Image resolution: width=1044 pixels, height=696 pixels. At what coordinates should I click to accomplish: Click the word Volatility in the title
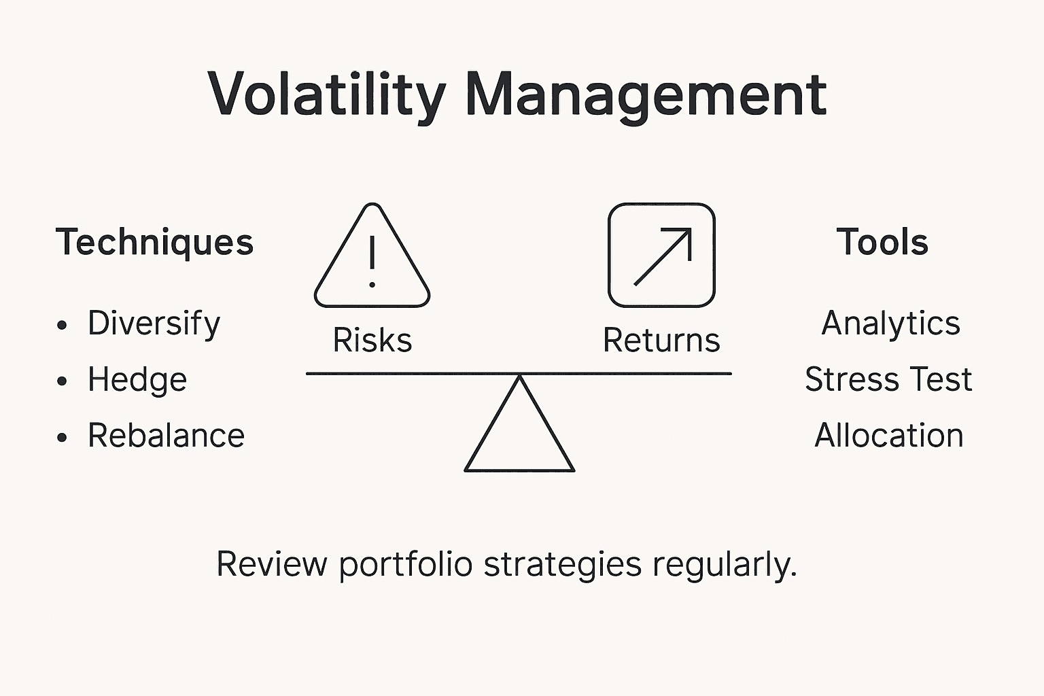pyautogui.click(x=326, y=95)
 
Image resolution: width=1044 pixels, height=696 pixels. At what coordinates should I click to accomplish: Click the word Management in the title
pyautogui.click(x=646, y=95)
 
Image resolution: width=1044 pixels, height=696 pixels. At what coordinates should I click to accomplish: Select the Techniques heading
pyautogui.click(x=154, y=242)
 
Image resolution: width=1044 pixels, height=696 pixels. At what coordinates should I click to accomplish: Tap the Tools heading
pyautogui.click(x=882, y=242)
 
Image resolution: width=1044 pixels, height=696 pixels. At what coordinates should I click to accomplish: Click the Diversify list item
pyautogui.click(x=154, y=324)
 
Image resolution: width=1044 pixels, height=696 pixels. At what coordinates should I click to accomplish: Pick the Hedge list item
pyautogui.click(x=137, y=379)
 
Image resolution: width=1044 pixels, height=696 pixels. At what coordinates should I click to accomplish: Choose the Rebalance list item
pyautogui.click(x=166, y=436)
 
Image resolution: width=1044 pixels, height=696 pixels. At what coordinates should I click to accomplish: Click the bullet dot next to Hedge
pyautogui.click(x=63, y=381)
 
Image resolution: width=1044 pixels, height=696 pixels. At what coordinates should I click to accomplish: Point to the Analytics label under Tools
pyautogui.click(x=890, y=323)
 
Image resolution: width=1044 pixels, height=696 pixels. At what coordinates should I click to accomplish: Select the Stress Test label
pyautogui.click(x=888, y=379)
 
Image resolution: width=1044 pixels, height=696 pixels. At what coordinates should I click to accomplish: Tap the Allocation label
pyautogui.click(x=888, y=436)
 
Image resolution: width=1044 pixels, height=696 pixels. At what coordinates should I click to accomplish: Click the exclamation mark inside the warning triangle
pyautogui.click(x=372, y=262)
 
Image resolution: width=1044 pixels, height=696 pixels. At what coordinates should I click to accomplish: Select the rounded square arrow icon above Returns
pyautogui.click(x=661, y=256)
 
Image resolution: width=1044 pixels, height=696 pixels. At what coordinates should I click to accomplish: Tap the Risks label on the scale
pyautogui.click(x=372, y=340)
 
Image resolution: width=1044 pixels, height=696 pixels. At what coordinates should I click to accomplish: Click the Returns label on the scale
pyautogui.click(x=661, y=340)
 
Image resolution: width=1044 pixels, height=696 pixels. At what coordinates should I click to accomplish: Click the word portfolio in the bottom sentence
pyautogui.click(x=405, y=564)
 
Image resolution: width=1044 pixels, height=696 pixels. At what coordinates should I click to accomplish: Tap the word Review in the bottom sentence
pyautogui.click(x=271, y=564)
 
